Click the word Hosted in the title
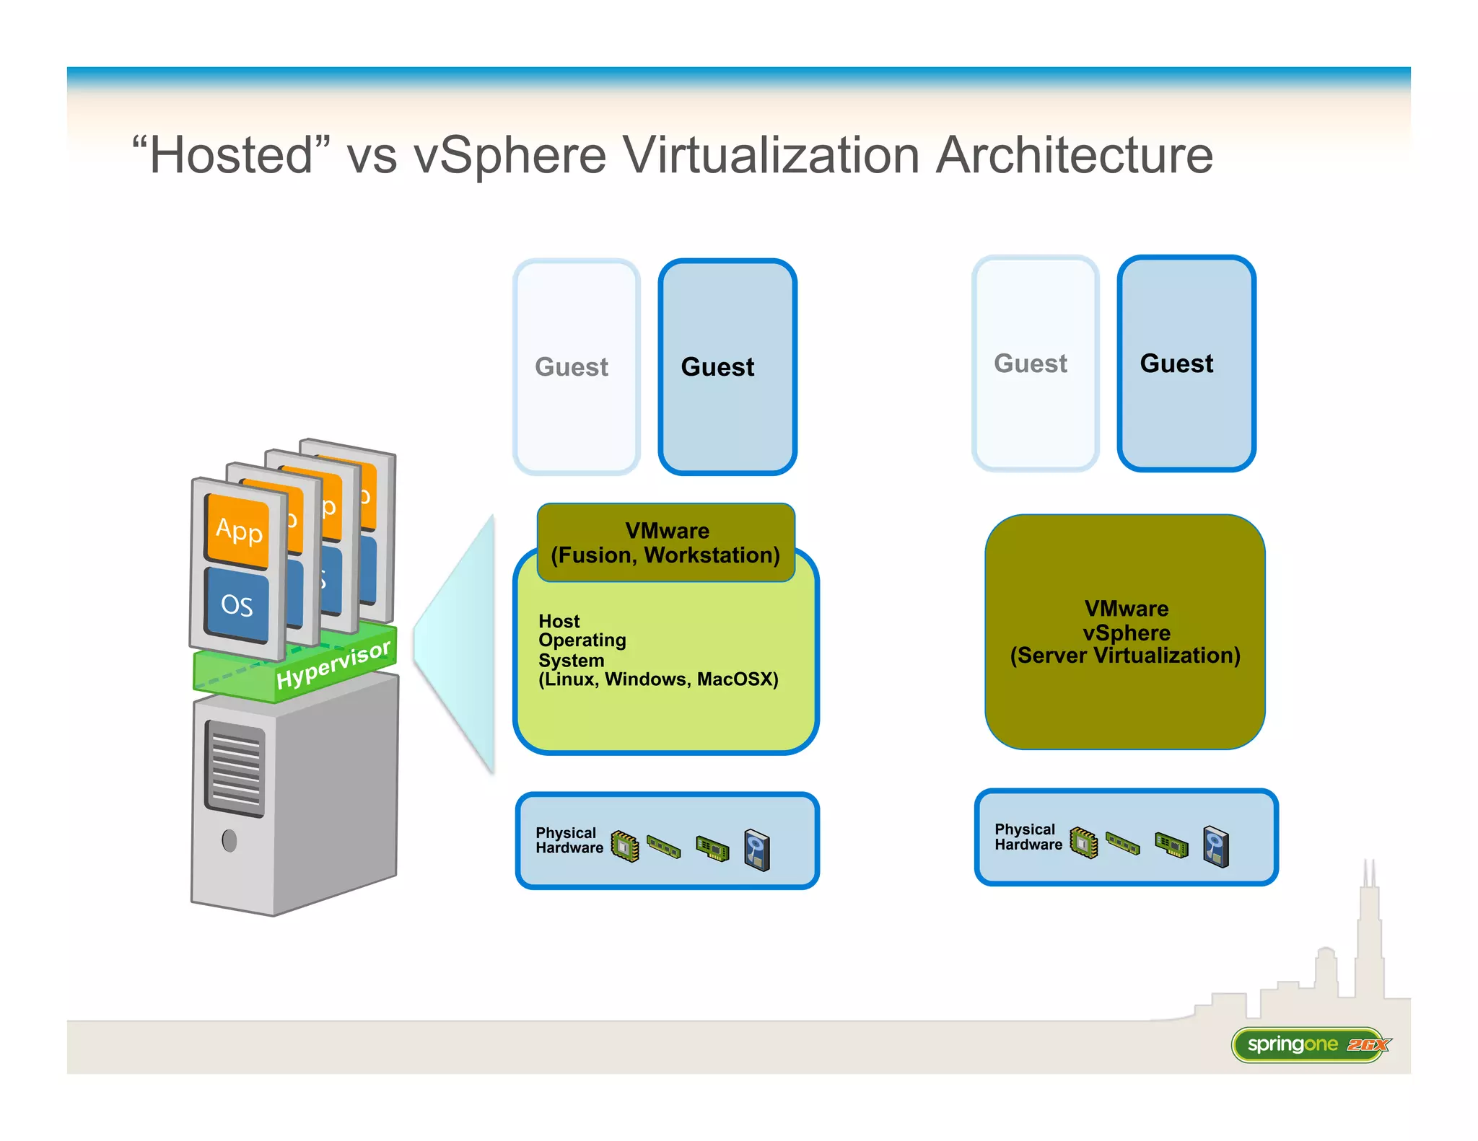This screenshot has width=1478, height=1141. point(231,156)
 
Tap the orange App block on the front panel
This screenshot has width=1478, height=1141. point(238,530)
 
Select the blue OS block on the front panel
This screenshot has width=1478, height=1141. point(237,604)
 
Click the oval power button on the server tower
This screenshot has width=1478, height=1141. point(229,840)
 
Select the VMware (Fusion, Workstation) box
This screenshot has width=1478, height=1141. point(665,542)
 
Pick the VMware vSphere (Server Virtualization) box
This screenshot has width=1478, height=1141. point(1124,632)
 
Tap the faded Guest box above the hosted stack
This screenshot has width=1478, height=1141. point(575,366)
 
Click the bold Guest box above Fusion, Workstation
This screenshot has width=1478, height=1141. point(727,366)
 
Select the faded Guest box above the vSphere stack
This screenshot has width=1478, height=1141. point(1034,363)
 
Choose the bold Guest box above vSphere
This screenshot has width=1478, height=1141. point(1186,363)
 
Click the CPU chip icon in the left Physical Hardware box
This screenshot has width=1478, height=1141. point(625,845)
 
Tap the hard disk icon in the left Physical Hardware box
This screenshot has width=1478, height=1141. point(757,850)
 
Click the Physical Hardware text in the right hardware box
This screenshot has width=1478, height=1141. point(1028,837)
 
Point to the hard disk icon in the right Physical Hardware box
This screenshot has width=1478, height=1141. point(1216,846)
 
